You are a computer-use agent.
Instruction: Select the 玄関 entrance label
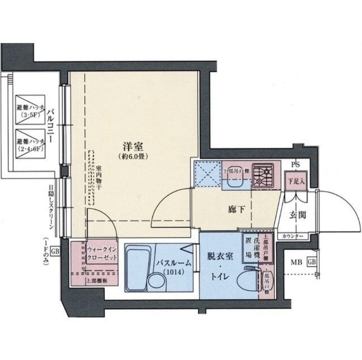(297, 215)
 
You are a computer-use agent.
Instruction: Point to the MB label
(298, 262)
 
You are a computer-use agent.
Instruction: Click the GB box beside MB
(312, 262)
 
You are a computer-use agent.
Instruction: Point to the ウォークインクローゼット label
(101, 254)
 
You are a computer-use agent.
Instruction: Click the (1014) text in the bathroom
(171, 273)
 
